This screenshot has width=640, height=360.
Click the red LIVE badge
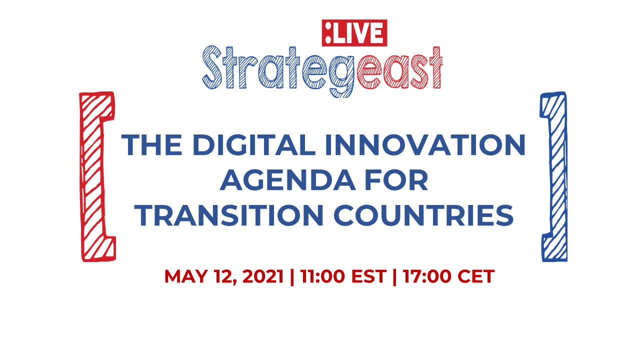point(354,33)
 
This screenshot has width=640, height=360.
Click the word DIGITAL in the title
point(254,144)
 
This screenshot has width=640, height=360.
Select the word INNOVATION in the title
point(425,144)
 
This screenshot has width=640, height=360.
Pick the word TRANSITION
point(229,215)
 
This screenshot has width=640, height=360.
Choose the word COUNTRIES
point(423,215)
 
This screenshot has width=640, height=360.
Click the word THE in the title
point(152,144)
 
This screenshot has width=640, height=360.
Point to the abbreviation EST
point(369,276)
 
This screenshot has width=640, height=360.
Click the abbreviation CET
point(476,276)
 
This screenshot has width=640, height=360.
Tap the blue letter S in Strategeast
point(212,67)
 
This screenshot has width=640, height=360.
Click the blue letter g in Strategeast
point(341,75)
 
